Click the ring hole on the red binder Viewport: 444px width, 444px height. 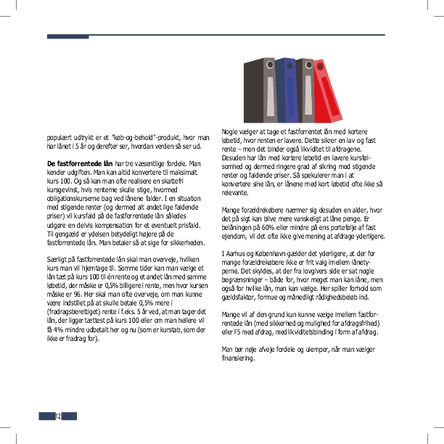[x=318, y=66]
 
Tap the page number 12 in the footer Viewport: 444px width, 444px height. [x=57, y=416]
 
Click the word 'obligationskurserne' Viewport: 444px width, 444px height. [x=75, y=199]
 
